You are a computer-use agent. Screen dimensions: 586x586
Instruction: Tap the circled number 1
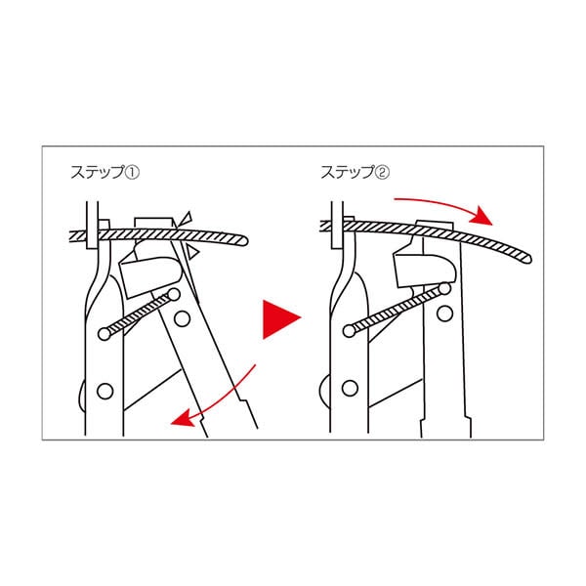(x=135, y=172)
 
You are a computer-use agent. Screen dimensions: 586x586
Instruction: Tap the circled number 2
(x=384, y=172)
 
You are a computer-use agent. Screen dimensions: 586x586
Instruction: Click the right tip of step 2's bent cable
(x=526, y=258)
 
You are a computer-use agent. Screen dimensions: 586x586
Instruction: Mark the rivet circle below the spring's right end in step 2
(x=446, y=314)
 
